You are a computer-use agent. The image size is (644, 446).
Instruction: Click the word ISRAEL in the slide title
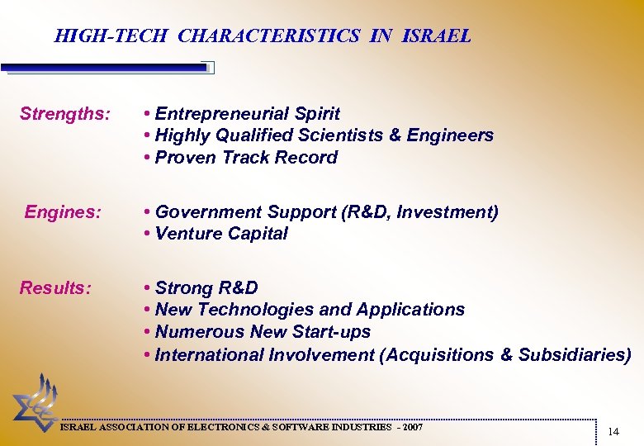[437, 36]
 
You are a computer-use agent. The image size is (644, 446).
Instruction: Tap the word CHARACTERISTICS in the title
[269, 36]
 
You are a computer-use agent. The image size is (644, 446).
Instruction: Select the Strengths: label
[64, 114]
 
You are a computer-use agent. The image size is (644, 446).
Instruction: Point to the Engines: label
[63, 212]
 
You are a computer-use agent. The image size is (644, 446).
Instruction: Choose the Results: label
[55, 288]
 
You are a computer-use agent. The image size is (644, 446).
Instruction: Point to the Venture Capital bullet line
[215, 234]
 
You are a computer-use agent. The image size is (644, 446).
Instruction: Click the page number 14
[613, 432]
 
